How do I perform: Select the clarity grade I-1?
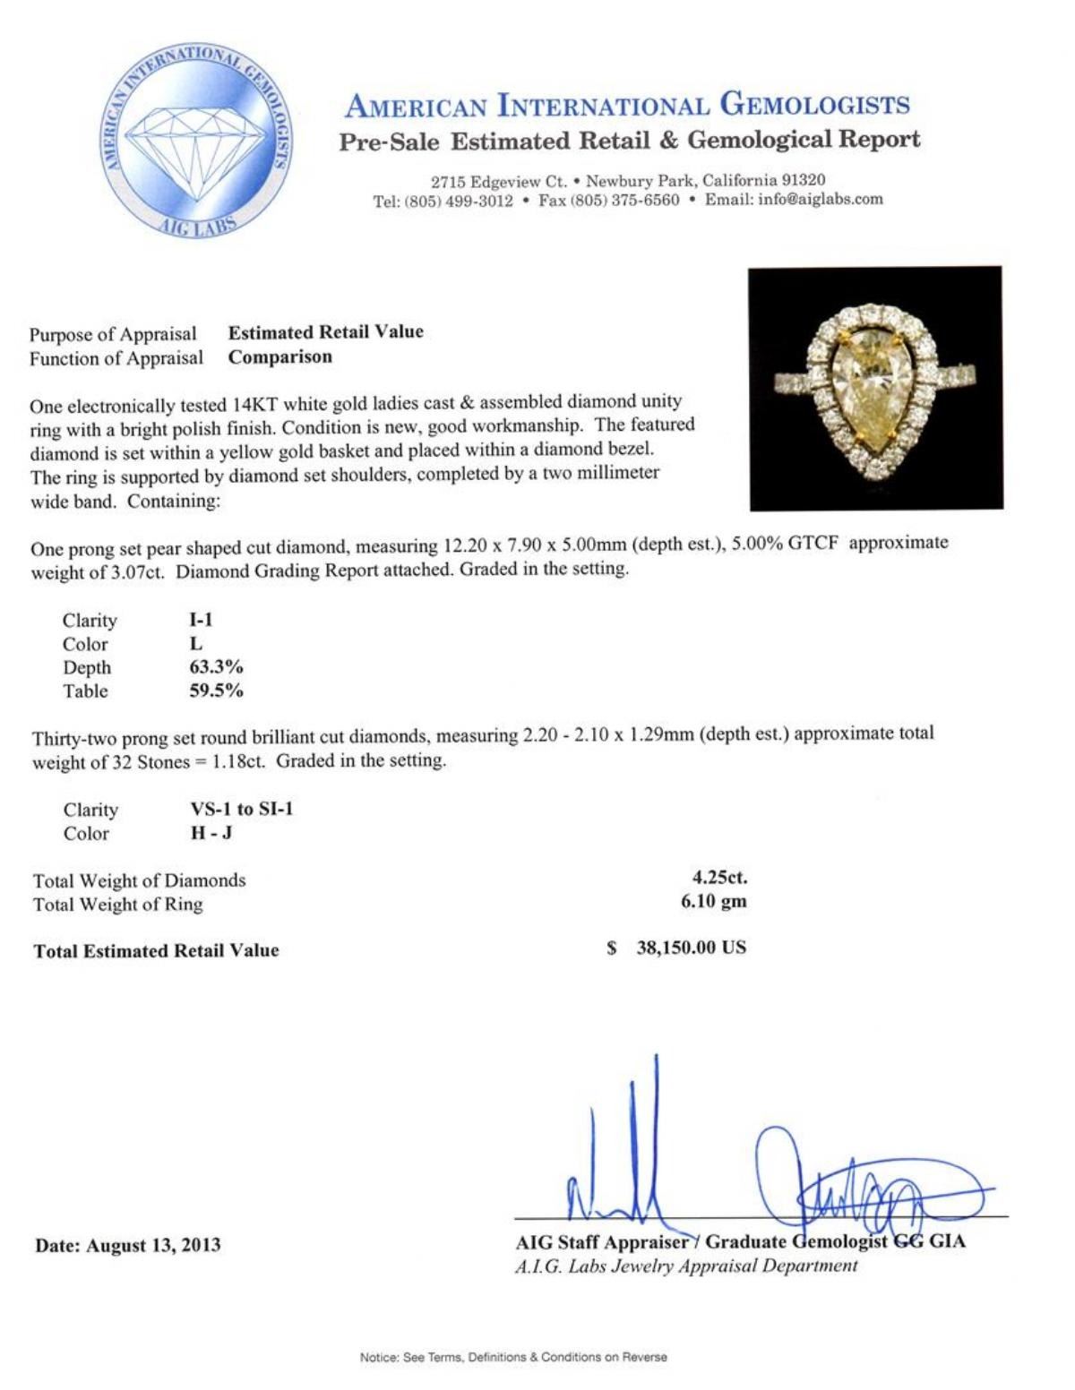(195, 620)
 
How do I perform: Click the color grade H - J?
(207, 833)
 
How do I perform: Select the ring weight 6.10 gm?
(714, 902)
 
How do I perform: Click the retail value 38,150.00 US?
(691, 948)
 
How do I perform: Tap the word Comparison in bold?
(279, 356)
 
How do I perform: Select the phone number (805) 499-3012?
(459, 200)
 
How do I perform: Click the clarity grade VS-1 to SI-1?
(236, 810)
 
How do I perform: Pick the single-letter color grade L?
(196, 644)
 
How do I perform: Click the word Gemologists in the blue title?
(815, 106)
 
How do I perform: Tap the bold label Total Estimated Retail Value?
(156, 951)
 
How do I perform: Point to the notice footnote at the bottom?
(513, 1358)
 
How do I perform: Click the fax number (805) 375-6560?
(625, 200)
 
